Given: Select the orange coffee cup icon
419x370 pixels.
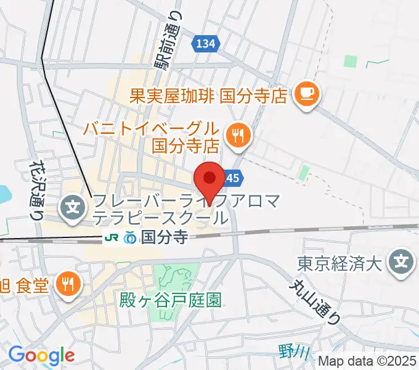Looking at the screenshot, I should pyautogui.click(x=306, y=94).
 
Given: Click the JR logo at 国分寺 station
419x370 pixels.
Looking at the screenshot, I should pyautogui.click(x=113, y=237).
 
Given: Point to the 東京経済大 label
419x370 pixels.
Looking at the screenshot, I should pyautogui.click(x=340, y=263).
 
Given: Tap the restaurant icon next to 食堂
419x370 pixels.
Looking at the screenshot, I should pyautogui.click(x=66, y=283).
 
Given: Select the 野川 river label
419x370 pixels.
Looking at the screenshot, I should pyautogui.click(x=288, y=351).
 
